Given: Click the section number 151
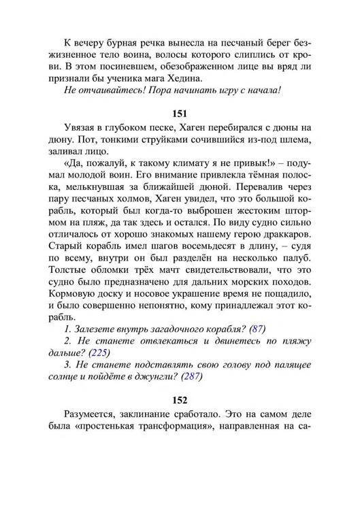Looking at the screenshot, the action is [180, 112].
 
